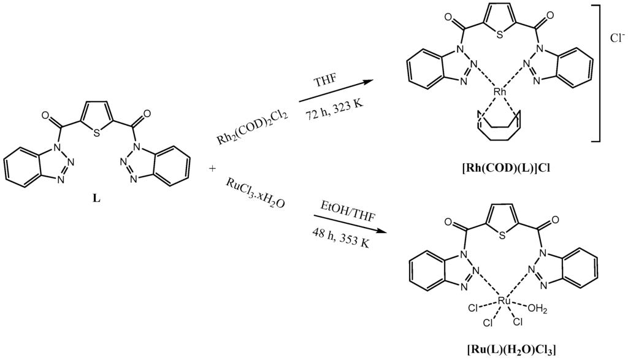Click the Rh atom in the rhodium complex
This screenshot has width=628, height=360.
(x=500, y=92)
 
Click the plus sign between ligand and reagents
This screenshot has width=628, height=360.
(x=212, y=168)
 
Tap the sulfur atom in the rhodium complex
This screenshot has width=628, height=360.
(x=501, y=34)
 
